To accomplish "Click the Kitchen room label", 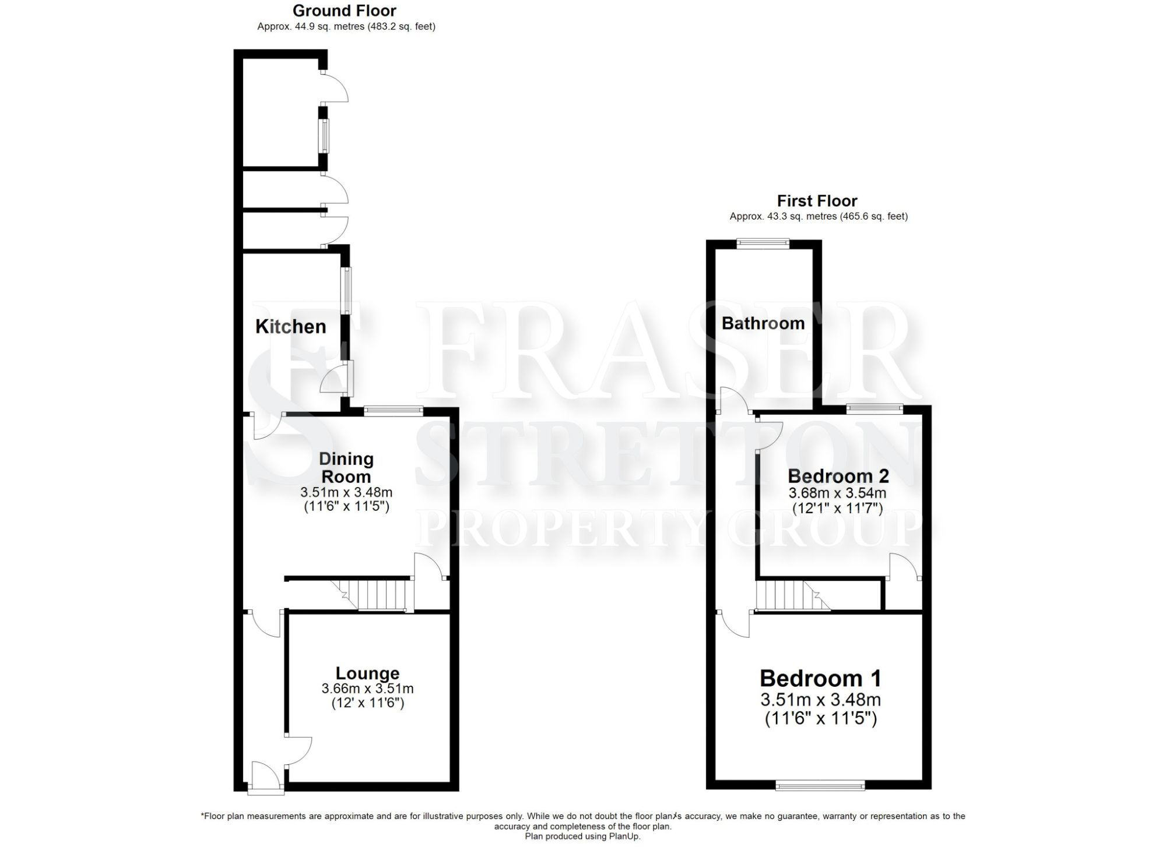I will tap(290, 326).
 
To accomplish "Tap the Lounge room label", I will tap(367, 673).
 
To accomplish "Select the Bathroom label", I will tap(763, 323).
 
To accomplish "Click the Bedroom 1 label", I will tap(820, 679).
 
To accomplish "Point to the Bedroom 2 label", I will tap(838, 476).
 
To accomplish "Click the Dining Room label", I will tap(346, 467).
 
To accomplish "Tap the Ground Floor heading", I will tap(344, 10).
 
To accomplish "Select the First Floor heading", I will tap(817, 201).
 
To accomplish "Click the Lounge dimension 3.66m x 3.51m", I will tap(367, 689).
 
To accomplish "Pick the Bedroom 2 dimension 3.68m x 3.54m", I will tap(837, 493).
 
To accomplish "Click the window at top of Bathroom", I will tap(763, 244).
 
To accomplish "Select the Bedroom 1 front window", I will tap(820, 786).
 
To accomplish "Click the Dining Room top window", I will tap(394, 411).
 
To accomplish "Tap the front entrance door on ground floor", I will tap(266, 779).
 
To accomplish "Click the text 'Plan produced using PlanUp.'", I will tap(582, 837).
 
